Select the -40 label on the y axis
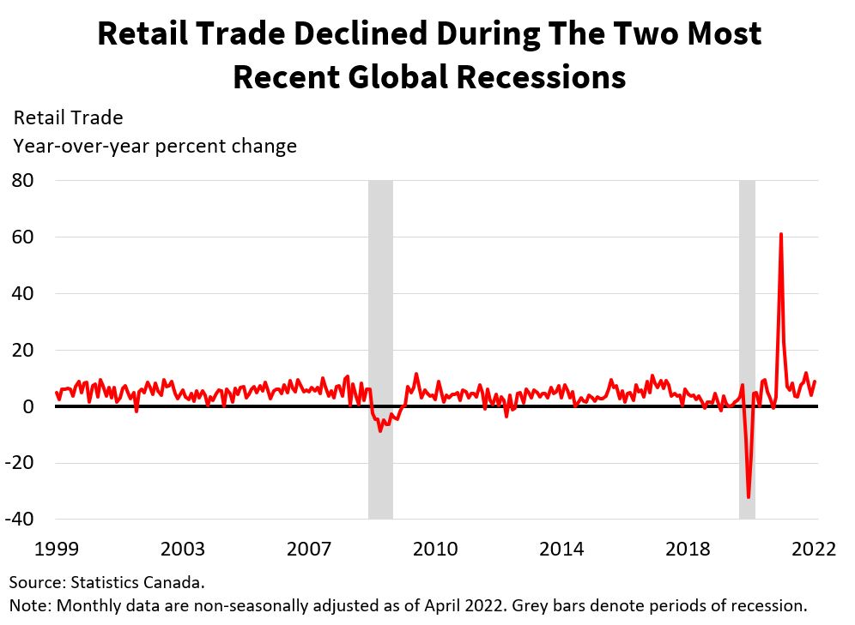(x=21, y=520)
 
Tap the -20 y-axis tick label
(x=21, y=463)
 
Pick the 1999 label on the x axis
(x=56, y=549)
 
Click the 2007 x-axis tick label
(x=310, y=549)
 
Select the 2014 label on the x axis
(x=562, y=549)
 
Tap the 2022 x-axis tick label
(x=814, y=549)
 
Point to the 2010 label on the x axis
(x=436, y=549)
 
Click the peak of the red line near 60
(x=780, y=234)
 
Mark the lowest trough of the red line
(x=749, y=497)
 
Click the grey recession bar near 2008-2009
(x=380, y=349)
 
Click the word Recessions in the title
(x=541, y=77)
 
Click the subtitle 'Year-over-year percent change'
(x=155, y=146)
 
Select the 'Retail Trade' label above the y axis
(x=68, y=117)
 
